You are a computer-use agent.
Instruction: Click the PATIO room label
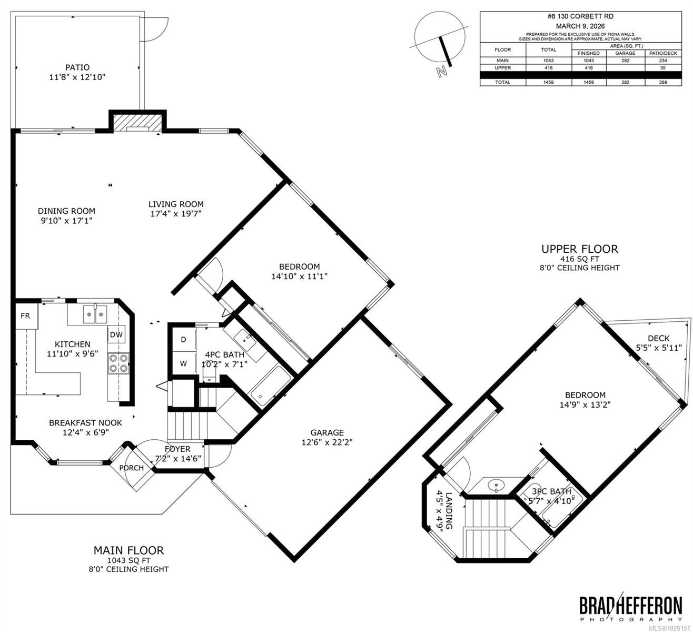[x=77, y=67]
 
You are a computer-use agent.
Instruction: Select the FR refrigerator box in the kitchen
[x=25, y=316]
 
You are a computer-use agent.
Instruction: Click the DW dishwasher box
[x=116, y=334]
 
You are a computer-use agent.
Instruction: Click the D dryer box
[x=183, y=340]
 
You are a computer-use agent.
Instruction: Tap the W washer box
[x=183, y=363]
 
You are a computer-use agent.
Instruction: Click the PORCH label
[x=131, y=468]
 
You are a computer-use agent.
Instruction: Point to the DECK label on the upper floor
[x=658, y=338]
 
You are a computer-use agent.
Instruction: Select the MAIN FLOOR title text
[x=128, y=550]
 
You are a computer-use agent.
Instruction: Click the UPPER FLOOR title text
[x=580, y=249]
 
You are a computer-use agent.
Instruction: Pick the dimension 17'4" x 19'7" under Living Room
[x=176, y=214]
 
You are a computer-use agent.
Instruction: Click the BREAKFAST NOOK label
[x=85, y=422]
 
